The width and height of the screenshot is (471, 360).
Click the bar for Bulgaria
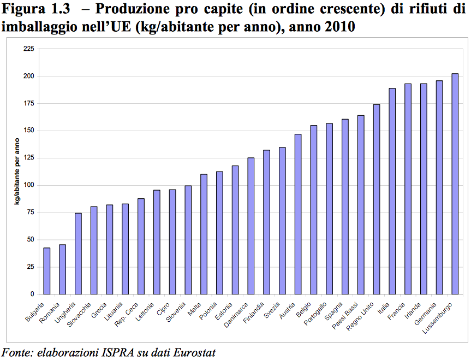click(47, 271)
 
